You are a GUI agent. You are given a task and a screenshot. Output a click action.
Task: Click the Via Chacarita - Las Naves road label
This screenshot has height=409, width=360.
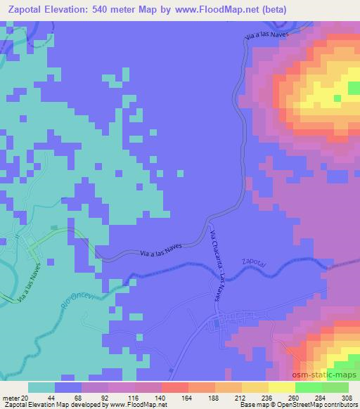click(x=217, y=265)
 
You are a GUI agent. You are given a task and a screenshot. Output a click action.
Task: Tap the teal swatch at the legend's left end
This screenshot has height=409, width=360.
click(x=41, y=387)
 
